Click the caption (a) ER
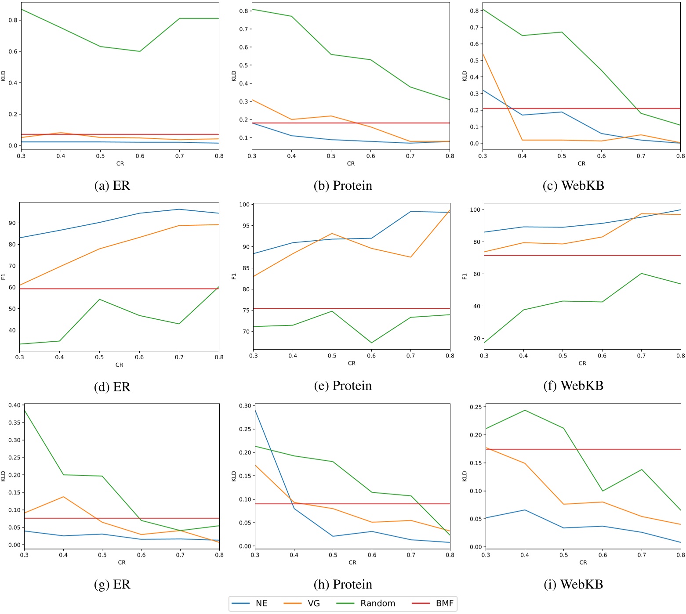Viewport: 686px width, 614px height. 112,186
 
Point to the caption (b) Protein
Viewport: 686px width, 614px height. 343,186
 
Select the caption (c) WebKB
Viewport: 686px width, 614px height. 573,186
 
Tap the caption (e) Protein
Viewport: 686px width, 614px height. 343,386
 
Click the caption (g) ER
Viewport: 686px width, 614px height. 112,585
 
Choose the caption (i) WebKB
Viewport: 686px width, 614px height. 573,585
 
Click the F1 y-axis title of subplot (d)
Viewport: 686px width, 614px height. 4,276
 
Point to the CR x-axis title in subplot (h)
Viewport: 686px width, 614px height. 352,562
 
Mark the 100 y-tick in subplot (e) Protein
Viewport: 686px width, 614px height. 244,205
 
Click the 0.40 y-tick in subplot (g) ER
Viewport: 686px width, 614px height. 14,405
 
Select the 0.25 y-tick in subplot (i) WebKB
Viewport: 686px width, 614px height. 475,407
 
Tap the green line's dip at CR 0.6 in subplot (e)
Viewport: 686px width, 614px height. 371,343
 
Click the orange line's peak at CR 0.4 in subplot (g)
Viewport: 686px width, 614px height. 63,497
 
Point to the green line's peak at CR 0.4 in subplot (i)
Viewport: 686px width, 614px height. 525,410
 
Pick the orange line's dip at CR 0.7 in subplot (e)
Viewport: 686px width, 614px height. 410,257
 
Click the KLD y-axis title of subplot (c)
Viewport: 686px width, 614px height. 465,76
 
